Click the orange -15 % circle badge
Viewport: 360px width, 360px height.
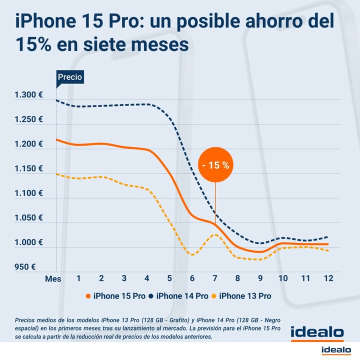click(x=215, y=165)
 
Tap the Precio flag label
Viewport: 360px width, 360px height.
click(x=69, y=77)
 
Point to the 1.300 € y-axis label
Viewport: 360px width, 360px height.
click(x=28, y=95)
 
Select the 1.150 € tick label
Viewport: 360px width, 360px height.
click(x=28, y=169)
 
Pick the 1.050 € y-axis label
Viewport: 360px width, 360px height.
click(x=28, y=218)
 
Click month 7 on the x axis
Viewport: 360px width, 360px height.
click(x=215, y=278)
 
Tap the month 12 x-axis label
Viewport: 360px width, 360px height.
click(x=328, y=278)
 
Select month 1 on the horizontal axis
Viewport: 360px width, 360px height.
click(x=78, y=278)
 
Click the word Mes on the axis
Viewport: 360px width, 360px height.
click(x=53, y=279)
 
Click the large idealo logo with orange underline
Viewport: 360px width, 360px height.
click(x=317, y=332)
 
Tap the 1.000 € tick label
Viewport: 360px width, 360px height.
click(x=28, y=242)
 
